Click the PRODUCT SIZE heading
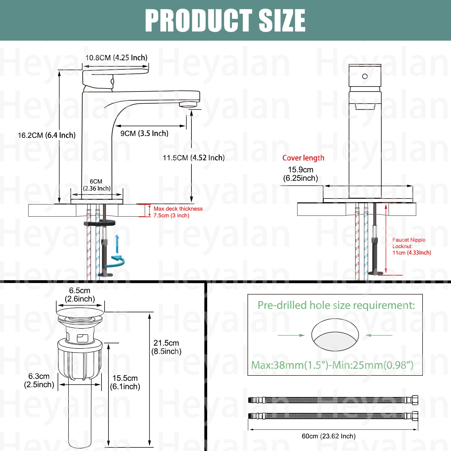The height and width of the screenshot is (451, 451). (x=225, y=20)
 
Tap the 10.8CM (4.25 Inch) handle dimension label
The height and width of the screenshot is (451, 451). (x=116, y=58)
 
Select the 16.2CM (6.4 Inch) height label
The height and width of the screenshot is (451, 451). (x=47, y=135)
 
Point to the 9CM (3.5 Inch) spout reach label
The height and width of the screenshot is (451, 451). (x=144, y=133)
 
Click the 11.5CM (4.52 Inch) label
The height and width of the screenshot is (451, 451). (x=194, y=158)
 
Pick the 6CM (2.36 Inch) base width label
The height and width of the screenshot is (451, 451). (x=97, y=185)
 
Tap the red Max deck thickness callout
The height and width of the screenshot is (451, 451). (x=178, y=212)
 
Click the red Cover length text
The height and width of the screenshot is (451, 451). (x=303, y=158)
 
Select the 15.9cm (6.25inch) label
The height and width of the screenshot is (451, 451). (x=300, y=174)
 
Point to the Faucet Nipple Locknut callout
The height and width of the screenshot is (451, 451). (x=412, y=246)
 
